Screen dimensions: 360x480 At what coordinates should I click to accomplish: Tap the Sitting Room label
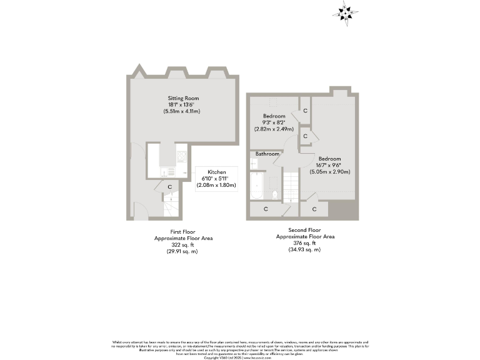pyautogui.click(x=183, y=99)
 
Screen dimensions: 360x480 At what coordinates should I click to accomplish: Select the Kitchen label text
pyautogui.click(x=216, y=172)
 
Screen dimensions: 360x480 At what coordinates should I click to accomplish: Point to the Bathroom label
pyautogui.click(x=267, y=154)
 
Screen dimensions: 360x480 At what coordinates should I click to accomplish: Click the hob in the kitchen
pyautogui.click(x=181, y=156)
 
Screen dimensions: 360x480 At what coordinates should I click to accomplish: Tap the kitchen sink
pyautogui.click(x=168, y=172)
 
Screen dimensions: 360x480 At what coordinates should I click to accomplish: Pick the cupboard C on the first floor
pyautogui.click(x=170, y=186)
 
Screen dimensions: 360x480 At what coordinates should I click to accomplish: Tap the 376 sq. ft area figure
pyautogui.click(x=304, y=243)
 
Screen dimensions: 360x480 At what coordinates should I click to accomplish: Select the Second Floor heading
pyautogui.click(x=305, y=231)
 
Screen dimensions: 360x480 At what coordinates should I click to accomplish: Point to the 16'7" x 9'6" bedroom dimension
pyautogui.click(x=330, y=166)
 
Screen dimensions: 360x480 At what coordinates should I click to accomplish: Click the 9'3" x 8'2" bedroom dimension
pyautogui.click(x=274, y=123)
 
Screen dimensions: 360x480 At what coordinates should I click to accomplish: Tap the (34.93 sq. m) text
pyautogui.click(x=304, y=249)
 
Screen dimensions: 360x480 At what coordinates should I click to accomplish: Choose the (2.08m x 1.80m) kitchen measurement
pyautogui.click(x=216, y=186)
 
